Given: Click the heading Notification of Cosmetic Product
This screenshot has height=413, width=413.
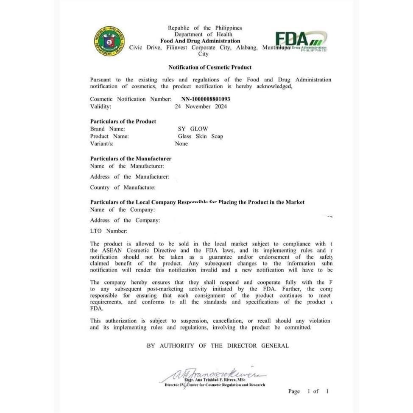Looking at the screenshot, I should pyautogui.click(x=210, y=67).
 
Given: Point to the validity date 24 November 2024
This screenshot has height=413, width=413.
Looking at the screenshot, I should pyautogui.click(x=201, y=106).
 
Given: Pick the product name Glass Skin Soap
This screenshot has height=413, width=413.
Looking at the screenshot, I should pyautogui.click(x=201, y=137).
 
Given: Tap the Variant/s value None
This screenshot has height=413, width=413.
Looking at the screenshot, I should pyautogui.click(x=181, y=144).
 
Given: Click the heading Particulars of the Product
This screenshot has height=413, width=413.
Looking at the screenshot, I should pyautogui.click(x=123, y=121).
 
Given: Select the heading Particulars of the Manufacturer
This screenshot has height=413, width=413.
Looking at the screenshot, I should pyautogui.click(x=131, y=159).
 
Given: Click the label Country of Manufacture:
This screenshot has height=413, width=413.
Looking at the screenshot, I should pyautogui.click(x=123, y=187).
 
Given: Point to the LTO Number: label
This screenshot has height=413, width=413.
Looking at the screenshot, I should pyautogui.click(x=109, y=231).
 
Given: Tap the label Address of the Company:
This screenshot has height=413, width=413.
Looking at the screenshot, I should pyautogui.click(x=125, y=220).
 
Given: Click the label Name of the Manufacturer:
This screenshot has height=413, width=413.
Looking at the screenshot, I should pyautogui.click(x=127, y=166).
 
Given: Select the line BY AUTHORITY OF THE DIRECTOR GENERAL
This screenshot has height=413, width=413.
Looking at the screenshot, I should pyautogui.click(x=218, y=346).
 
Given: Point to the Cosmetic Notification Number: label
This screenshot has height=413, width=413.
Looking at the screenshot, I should pyautogui.click(x=130, y=99).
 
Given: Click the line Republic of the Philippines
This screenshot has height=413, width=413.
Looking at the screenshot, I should pyautogui.click(x=205, y=28).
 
